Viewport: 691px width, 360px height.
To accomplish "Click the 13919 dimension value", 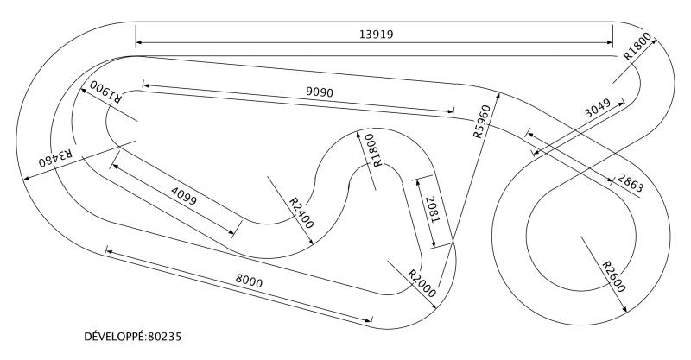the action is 376,34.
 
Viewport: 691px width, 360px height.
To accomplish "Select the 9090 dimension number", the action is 320,92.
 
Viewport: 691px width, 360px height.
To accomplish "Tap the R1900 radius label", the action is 105,91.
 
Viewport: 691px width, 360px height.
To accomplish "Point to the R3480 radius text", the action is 55,158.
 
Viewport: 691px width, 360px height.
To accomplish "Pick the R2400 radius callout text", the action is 301,213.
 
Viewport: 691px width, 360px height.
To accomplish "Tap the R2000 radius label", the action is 422,284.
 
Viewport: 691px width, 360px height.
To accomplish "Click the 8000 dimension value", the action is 249,281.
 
